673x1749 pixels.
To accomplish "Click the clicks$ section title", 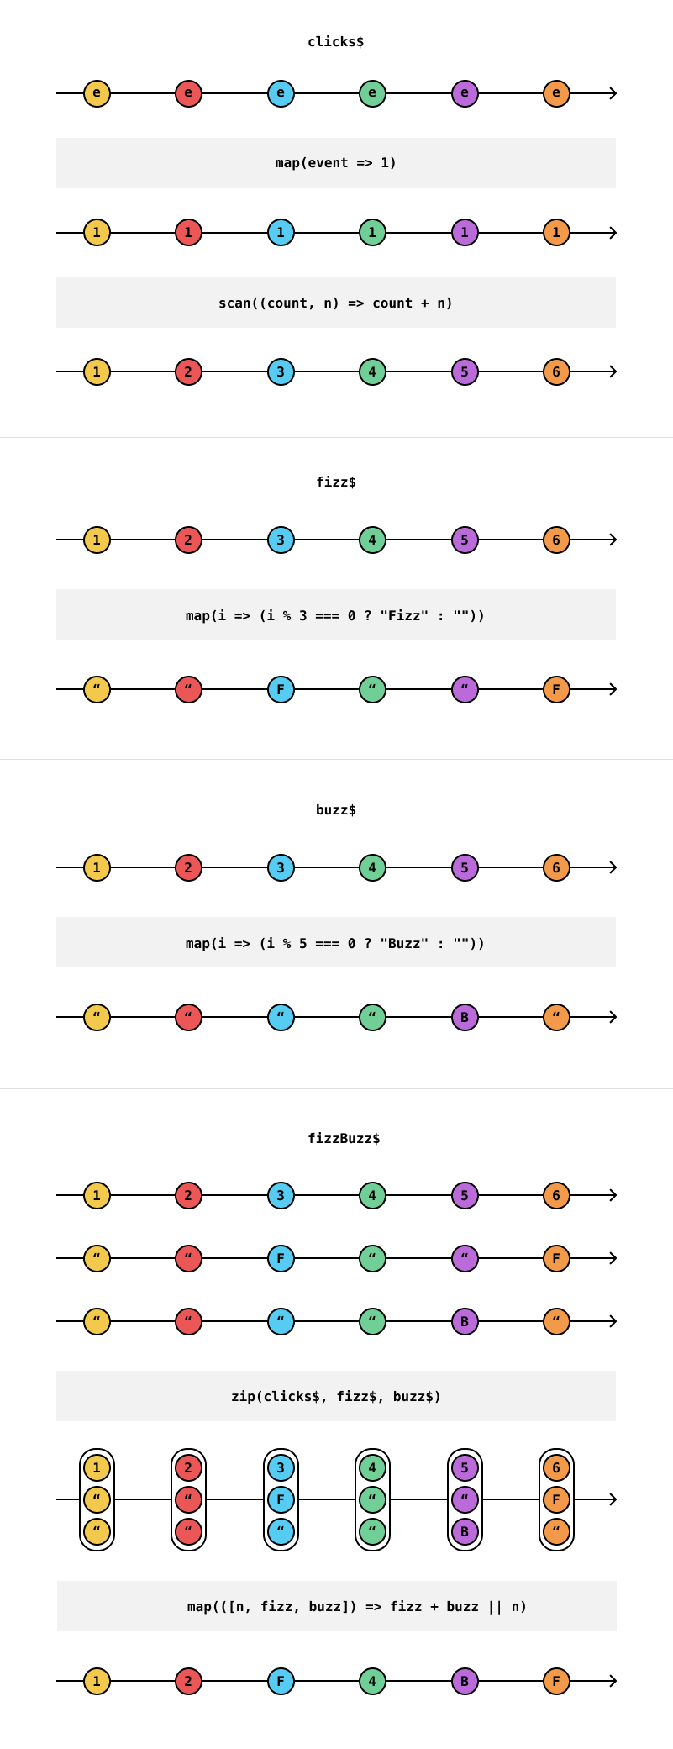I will pyautogui.click(x=335, y=42).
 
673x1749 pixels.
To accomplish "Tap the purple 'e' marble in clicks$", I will pyautogui.click(x=465, y=93).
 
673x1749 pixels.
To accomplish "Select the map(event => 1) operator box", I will pyautogui.click(x=335, y=163).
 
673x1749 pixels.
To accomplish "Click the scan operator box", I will pyautogui.click(x=335, y=303).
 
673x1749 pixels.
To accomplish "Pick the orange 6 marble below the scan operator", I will pyautogui.click(x=556, y=371).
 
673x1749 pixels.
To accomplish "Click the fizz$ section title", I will pyautogui.click(x=335, y=482).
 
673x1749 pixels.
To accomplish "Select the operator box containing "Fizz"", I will pyautogui.click(x=335, y=615).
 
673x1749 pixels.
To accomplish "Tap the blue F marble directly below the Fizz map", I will pyautogui.click(x=281, y=689).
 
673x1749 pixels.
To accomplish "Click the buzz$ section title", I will pyautogui.click(x=335, y=810).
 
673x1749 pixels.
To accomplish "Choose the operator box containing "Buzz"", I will pyautogui.click(x=335, y=943).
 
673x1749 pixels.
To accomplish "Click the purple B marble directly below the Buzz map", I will pyautogui.click(x=465, y=1017).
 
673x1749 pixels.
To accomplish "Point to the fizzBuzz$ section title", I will pyautogui.click(x=344, y=1139).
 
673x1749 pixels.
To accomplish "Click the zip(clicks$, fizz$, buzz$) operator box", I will pyautogui.click(x=335, y=1396).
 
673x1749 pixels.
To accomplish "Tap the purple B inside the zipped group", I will pyautogui.click(x=465, y=1531).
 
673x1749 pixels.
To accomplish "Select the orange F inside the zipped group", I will pyautogui.click(x=556, y=1499).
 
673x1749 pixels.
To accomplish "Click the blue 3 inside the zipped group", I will pyautogui.click(x=281, y=1468).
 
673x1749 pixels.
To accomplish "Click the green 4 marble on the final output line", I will pyautogui.click(x=372, y=1681).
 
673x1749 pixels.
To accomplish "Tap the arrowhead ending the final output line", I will pyautogui.click(x=613, y=1681).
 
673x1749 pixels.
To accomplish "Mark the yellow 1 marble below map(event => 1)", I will pyautogui.click(x=97, y=233).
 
